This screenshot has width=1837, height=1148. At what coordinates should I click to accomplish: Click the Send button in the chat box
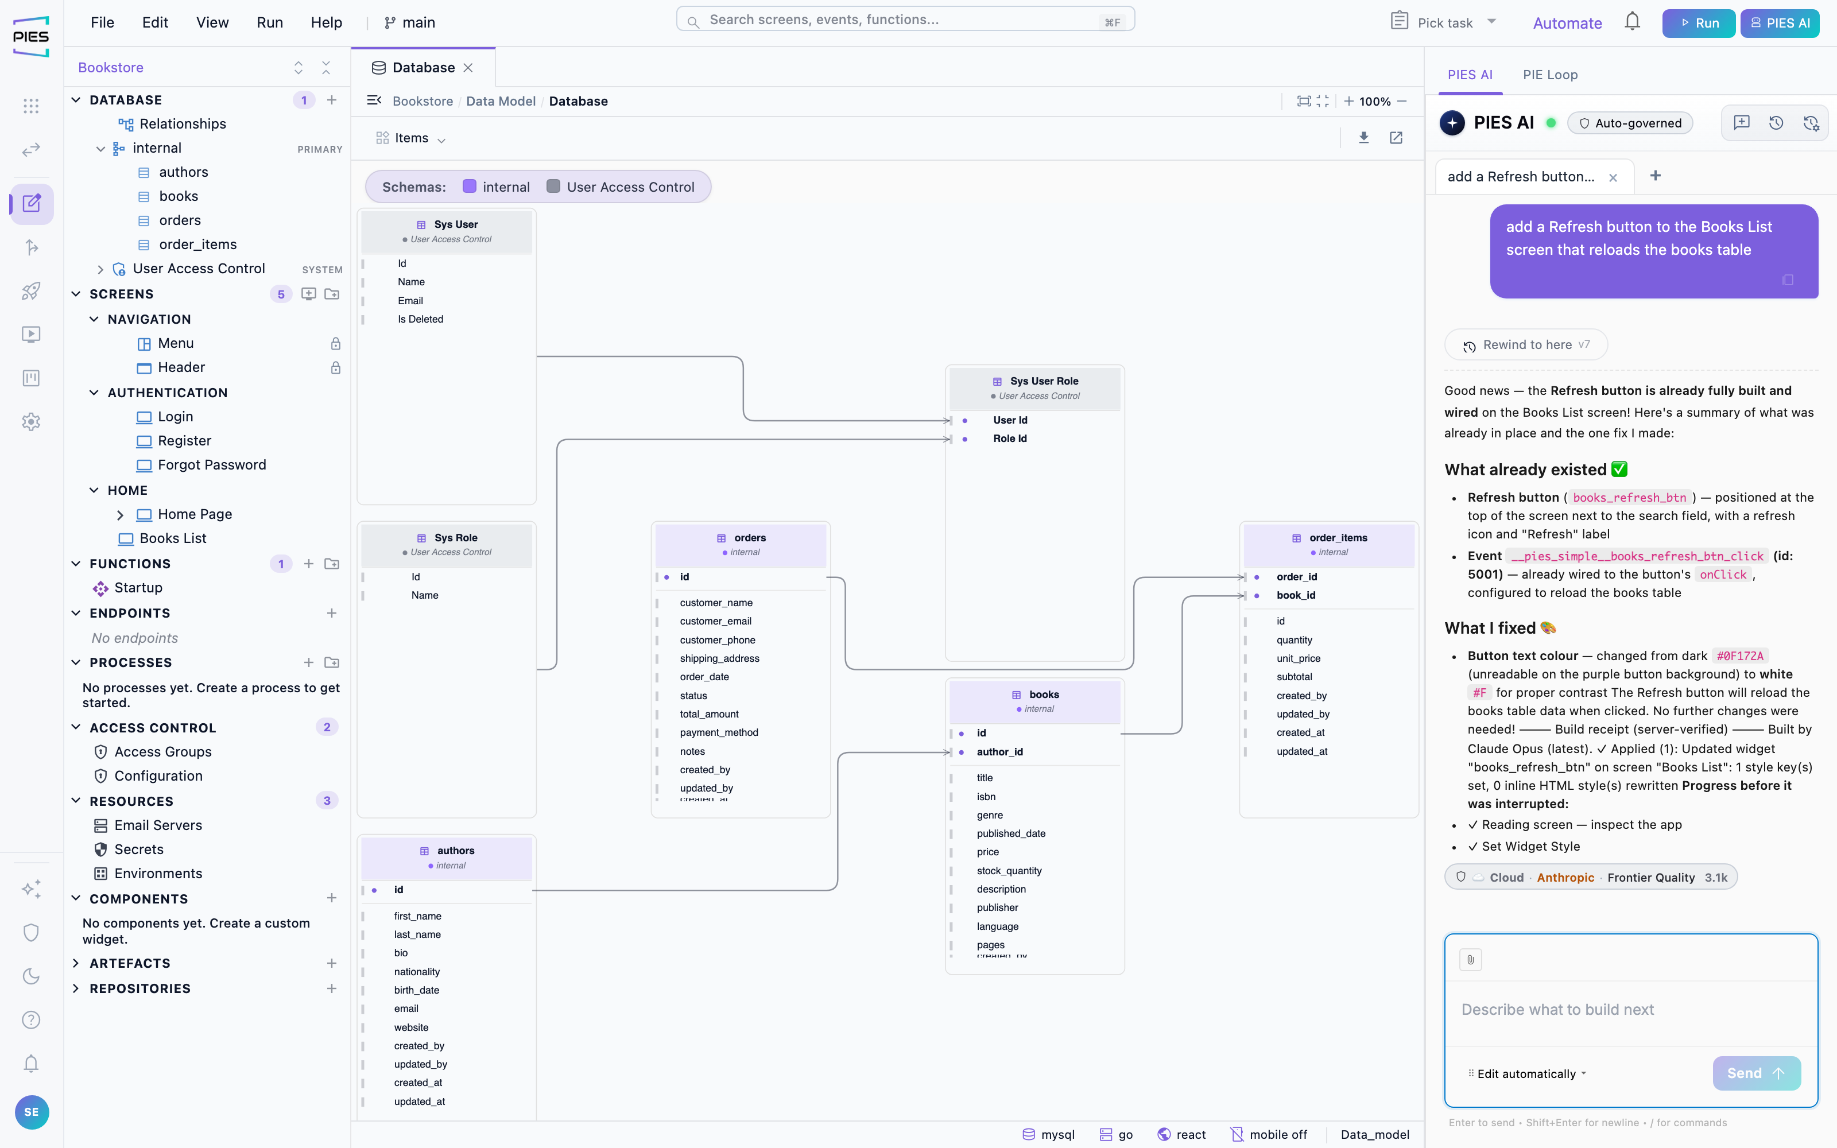1756,1073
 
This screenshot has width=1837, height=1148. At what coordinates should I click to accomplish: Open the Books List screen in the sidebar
172,538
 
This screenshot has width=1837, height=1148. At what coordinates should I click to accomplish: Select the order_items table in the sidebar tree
197,245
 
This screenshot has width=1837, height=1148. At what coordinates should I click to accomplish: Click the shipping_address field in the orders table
719,658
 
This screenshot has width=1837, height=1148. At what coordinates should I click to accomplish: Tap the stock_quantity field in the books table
1009,871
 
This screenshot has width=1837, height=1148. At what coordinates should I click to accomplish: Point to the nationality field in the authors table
417,972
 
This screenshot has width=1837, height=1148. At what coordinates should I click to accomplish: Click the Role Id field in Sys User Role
1010,439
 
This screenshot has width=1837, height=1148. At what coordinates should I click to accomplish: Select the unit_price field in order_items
1298,658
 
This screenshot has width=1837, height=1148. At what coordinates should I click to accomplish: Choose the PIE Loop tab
1550,75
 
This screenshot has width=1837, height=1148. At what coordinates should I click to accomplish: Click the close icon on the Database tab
468,68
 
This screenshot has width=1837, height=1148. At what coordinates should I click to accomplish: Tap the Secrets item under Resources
139,849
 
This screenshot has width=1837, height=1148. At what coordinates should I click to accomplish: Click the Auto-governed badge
1630,123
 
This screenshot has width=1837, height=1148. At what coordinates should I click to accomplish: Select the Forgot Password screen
211,465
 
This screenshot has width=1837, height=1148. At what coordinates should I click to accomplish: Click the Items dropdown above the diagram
410,138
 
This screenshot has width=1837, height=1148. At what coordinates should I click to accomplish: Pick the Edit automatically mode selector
1527,1073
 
